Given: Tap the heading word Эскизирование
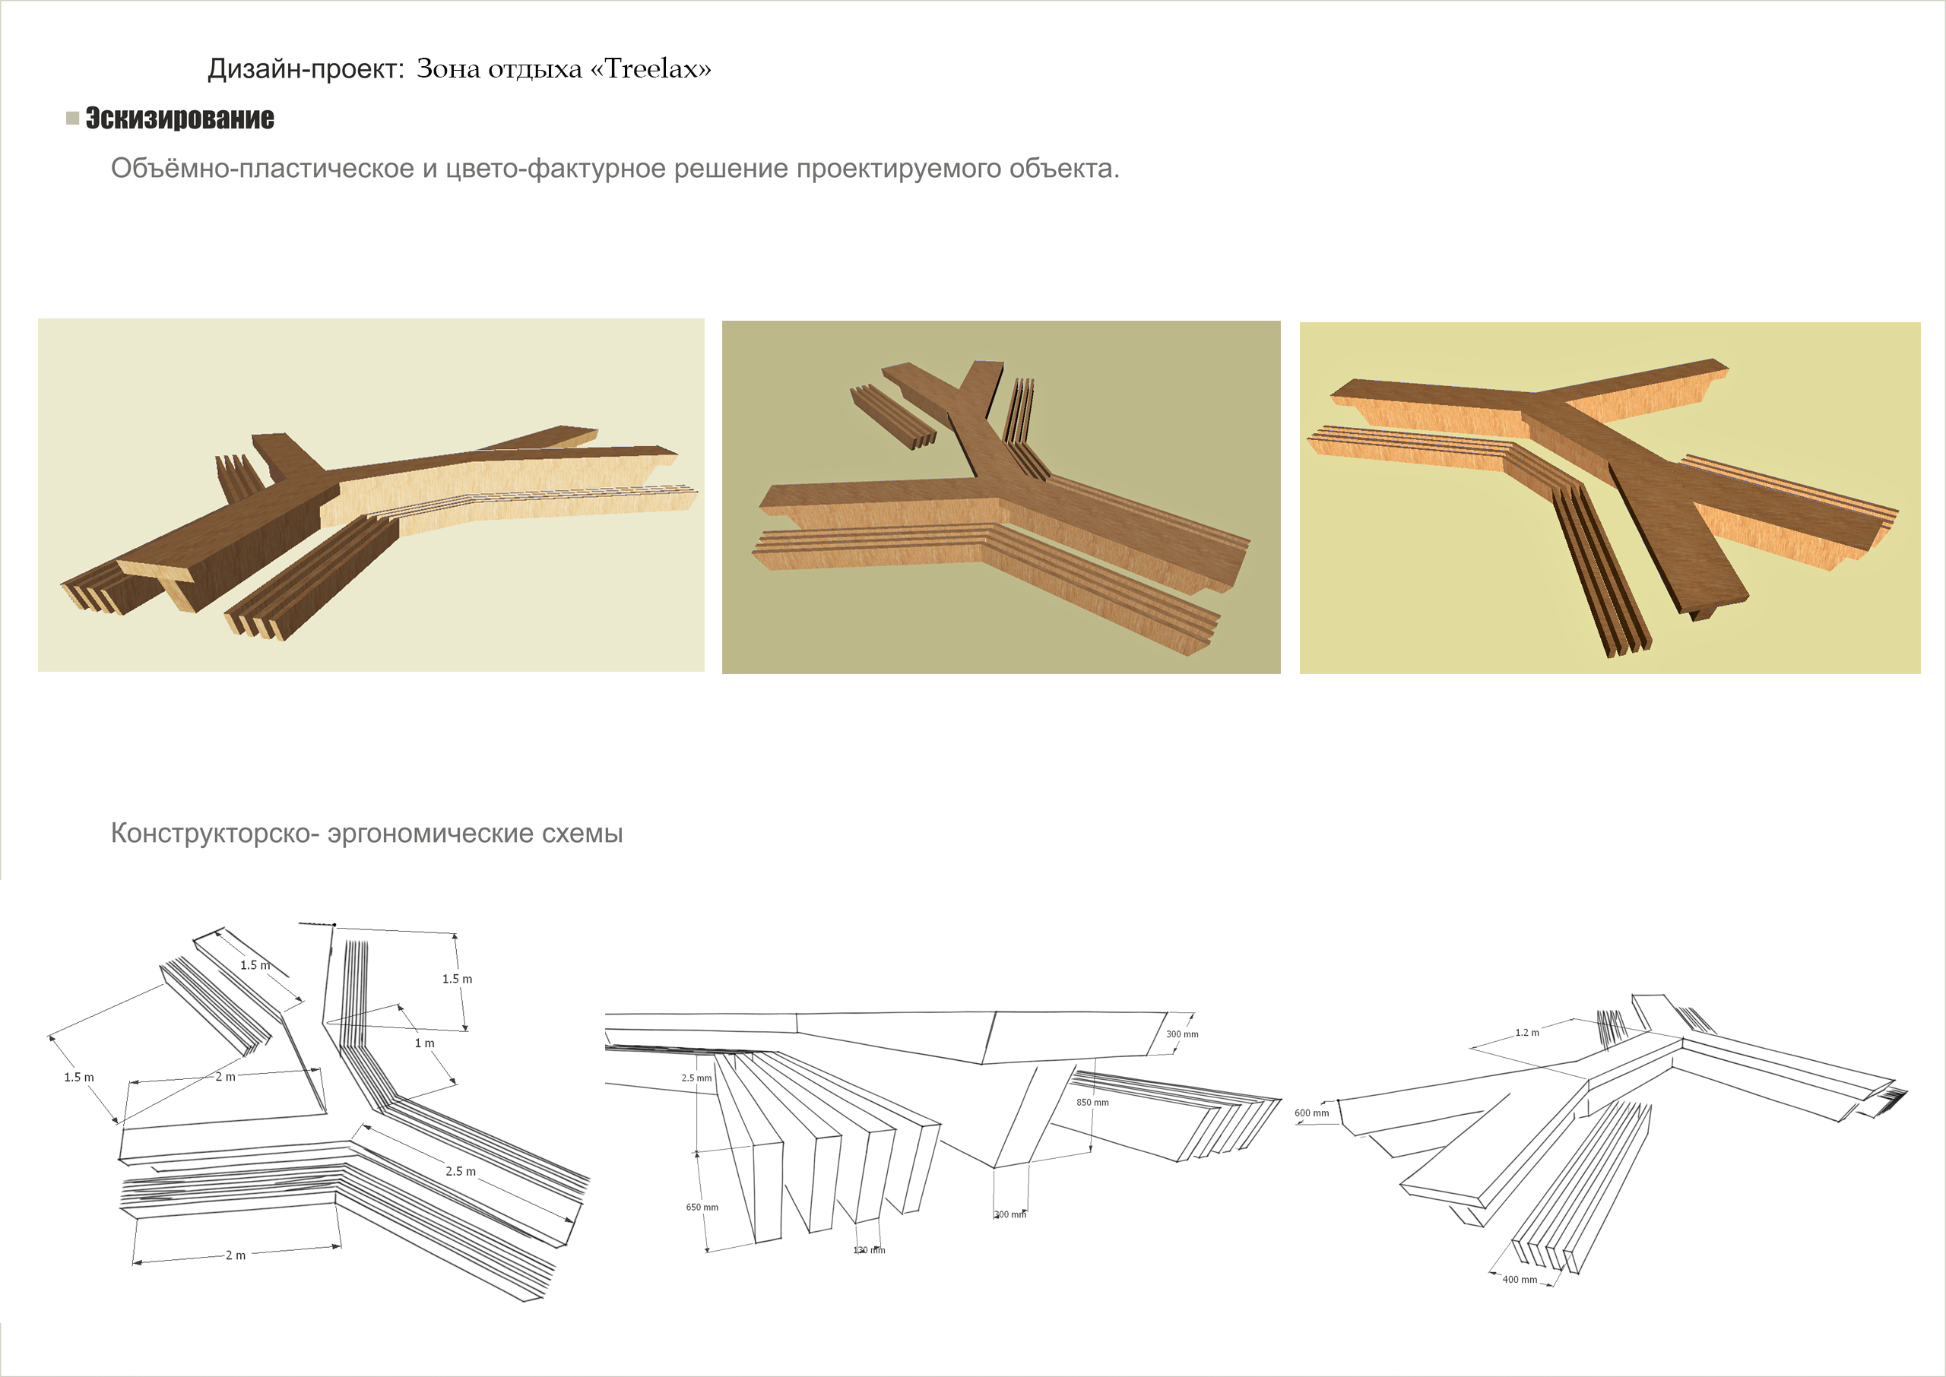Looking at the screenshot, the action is point(179,118).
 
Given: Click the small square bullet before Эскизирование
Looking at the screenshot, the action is point(73,118).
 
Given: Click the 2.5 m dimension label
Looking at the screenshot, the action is point(461,1171).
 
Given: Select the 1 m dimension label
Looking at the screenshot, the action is point(424,1043).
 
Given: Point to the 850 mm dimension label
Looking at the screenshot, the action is point(1092,1102).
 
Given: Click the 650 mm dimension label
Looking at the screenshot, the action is point(702,1208).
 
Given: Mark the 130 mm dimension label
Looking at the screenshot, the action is point(869,1250).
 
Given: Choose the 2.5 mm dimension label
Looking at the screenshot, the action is point(697,1078).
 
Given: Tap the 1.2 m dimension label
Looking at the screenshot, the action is point(1527,1033).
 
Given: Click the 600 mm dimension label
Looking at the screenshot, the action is point(1312,1113).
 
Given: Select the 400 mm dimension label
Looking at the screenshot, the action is point(1520,1280).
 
